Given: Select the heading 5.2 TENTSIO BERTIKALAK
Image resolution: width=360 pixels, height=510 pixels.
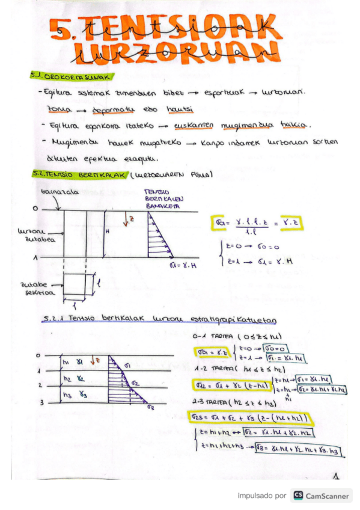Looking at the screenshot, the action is tap(79, 176).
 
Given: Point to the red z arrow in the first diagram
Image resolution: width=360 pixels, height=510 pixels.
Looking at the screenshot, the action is tap(126, 220).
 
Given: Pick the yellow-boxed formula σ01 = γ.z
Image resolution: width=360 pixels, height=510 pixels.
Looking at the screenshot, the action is tap(207, 352).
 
